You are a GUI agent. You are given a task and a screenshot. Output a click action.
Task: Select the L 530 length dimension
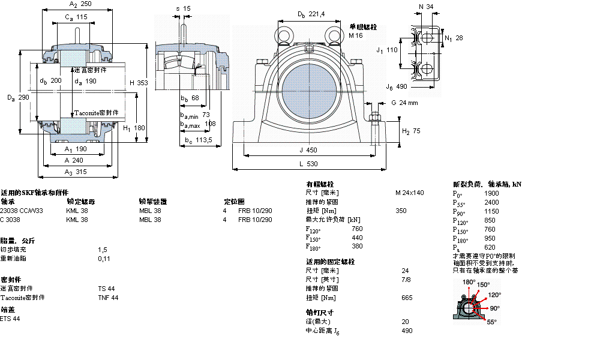point(308,163)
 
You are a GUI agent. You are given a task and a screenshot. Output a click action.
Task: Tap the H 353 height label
point(138,82)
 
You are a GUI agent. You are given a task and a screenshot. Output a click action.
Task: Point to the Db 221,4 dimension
point(311,14)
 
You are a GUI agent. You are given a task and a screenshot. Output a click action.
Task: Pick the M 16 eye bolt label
point(356,35)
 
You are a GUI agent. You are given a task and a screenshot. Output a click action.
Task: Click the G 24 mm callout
point(404,103)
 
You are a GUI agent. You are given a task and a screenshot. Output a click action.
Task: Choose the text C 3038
point(10,220)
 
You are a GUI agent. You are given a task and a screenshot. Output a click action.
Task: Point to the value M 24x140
point(409,193)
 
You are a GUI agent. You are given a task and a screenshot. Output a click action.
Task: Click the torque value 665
point(407,298)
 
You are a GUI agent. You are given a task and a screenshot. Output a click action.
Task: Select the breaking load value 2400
point(491,203)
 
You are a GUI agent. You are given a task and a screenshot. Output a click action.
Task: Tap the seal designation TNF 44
point(108,298)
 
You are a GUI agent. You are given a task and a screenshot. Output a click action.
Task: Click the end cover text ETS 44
point(10,319)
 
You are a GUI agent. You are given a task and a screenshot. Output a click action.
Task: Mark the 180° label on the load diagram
point(469,282)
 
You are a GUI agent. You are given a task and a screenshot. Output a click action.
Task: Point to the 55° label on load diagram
point(491,322)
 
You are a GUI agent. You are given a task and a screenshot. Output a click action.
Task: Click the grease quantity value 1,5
point(102,249)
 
